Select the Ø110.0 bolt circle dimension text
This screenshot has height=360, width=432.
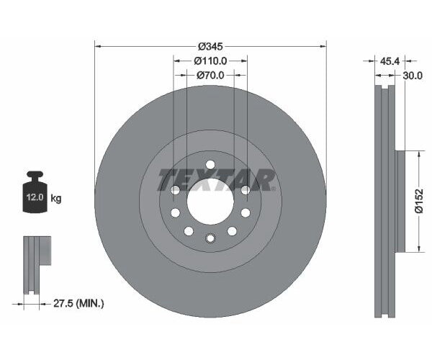210,61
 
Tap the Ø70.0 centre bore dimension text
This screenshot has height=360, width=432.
210,74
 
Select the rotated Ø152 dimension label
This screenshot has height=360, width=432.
416,202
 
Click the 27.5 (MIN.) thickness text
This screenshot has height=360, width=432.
81,304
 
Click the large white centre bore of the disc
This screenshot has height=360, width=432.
210,202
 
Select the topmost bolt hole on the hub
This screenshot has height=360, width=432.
210,165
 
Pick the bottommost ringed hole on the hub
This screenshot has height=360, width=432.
210,238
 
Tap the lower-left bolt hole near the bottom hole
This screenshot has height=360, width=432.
188,230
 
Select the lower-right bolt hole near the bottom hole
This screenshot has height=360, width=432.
233,230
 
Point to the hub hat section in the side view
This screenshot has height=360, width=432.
401,202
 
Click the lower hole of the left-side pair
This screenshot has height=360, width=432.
175,213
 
